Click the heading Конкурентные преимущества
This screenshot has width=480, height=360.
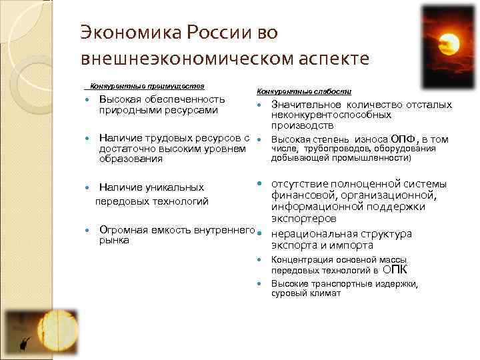coord(147,86)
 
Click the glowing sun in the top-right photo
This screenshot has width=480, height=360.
coord(449,44)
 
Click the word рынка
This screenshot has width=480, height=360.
coord(114,241)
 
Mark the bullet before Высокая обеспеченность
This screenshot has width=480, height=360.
coord(87,99)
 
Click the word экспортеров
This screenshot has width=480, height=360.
coord(303,218)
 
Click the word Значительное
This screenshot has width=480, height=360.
coord(304,105)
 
